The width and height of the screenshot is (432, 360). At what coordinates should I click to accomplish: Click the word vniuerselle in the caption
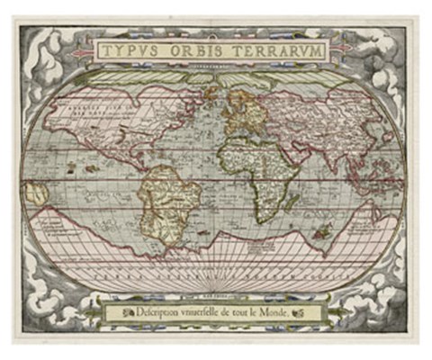[x=215, y=312]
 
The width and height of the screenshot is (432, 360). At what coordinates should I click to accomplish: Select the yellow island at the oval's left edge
[x=38, y=192]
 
